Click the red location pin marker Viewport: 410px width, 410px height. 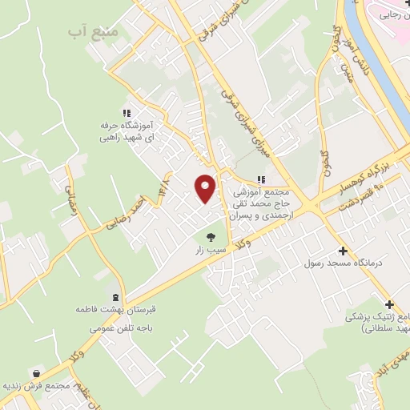coord(205,187)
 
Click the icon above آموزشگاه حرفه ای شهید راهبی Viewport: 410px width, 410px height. coord(125,113)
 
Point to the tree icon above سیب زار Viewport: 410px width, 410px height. coord(211,236)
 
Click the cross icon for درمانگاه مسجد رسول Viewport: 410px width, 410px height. coord(343,251)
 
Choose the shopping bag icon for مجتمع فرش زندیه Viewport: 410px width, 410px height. coord(37,373)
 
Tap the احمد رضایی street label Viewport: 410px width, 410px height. coord(127,210)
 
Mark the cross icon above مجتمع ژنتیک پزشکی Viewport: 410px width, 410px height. coord(389,304)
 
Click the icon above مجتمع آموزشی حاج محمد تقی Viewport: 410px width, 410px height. coord(260,179)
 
